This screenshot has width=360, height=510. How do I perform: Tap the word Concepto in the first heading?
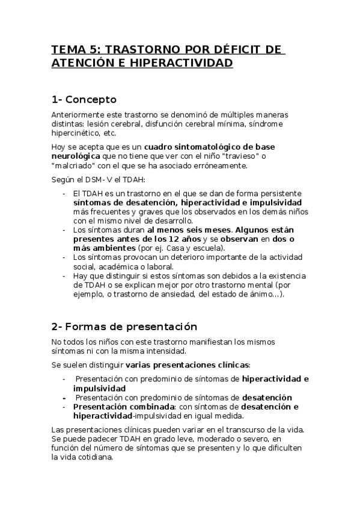91,99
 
